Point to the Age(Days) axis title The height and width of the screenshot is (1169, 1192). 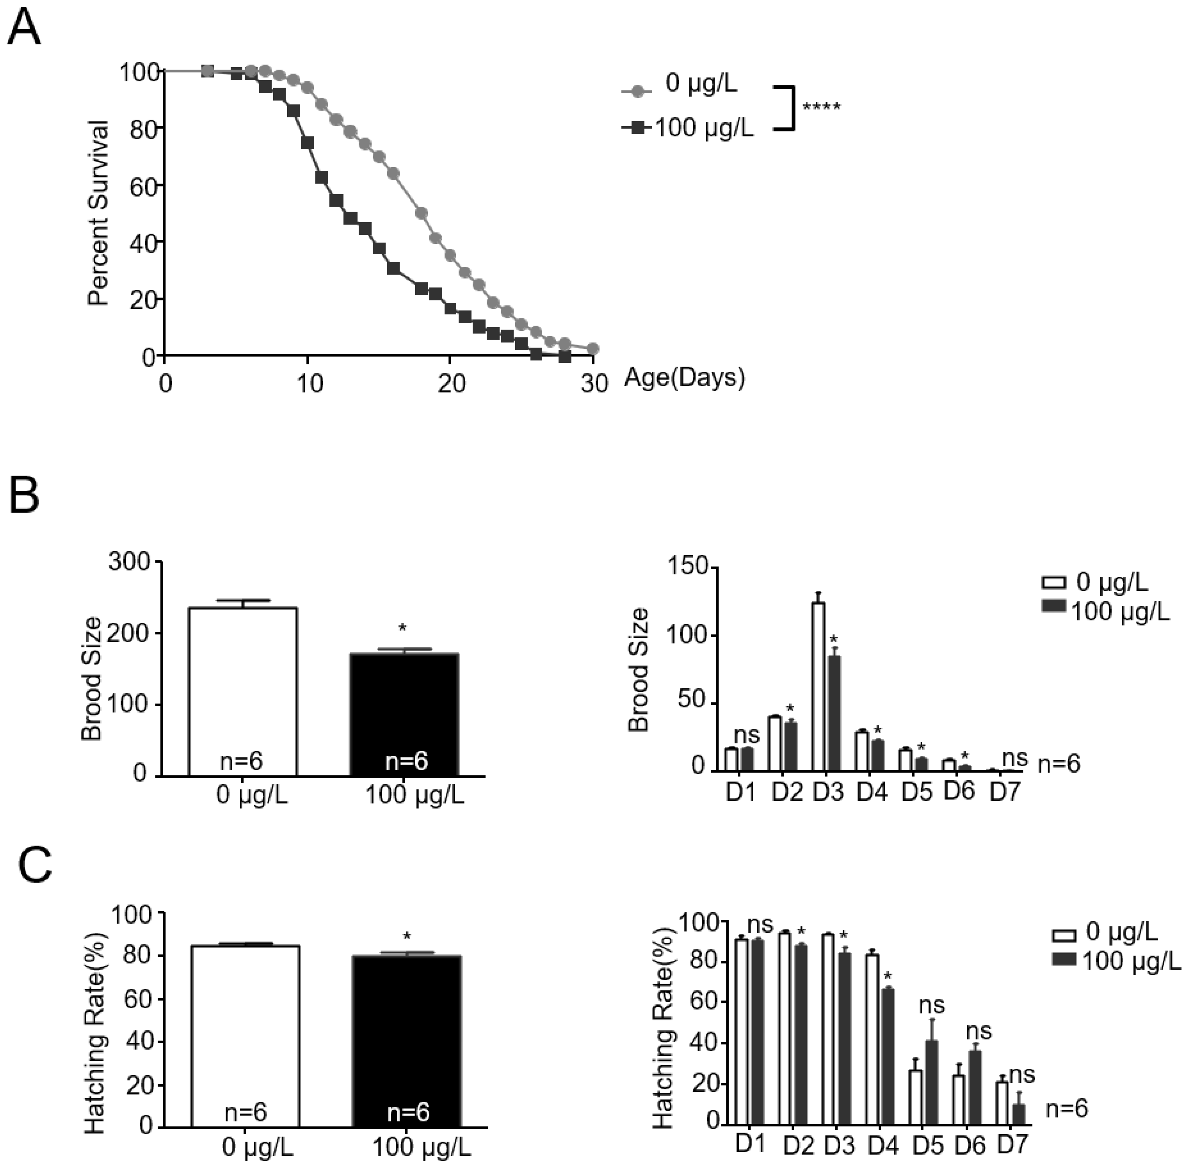685,377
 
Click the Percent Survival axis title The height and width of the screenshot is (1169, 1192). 98,213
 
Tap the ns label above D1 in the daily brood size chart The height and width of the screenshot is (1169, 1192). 746,734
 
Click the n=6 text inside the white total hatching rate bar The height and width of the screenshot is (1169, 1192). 245,1112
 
